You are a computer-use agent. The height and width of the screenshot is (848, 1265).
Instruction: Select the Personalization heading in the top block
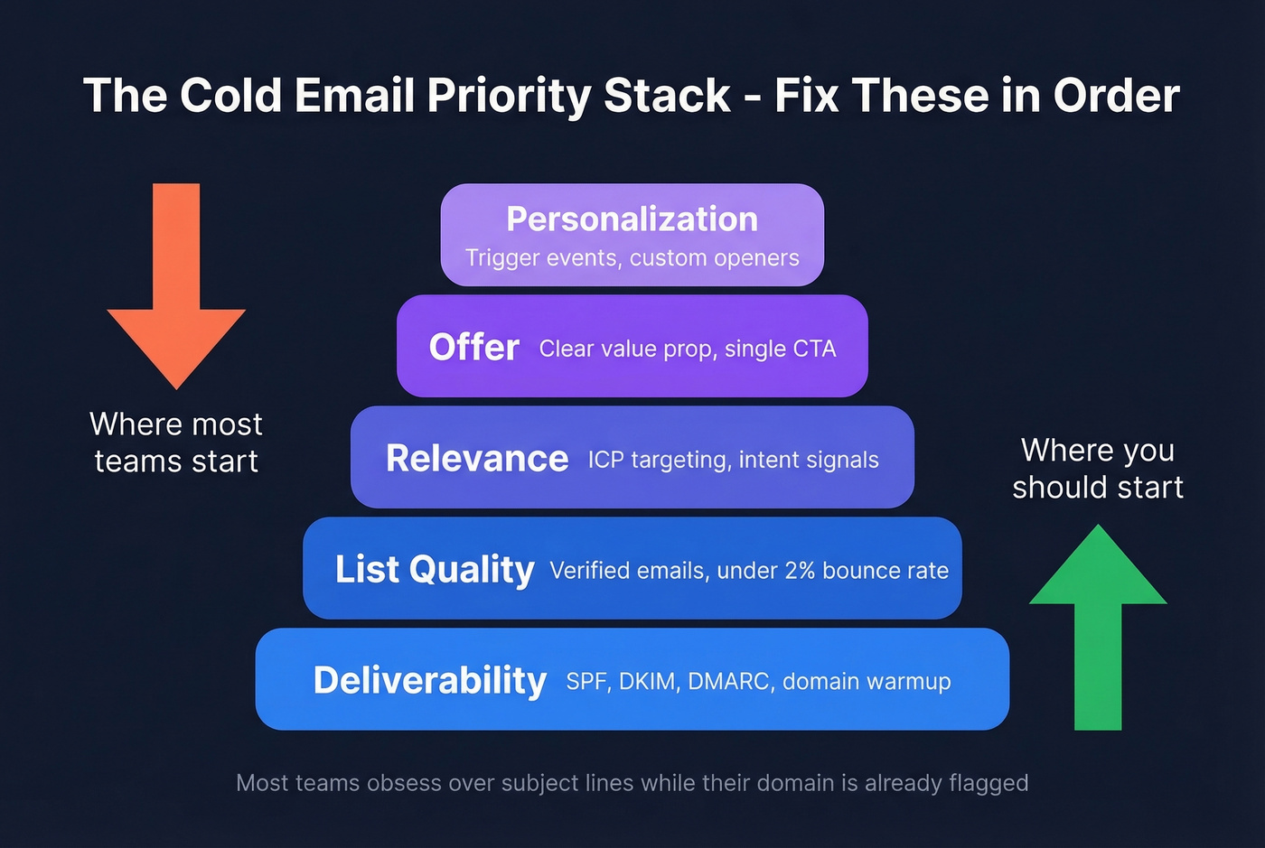coord(632,219)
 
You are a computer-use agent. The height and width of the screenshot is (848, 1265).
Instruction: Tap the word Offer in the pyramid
coord(473,348)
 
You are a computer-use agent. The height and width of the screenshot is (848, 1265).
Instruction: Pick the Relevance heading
coord(477,459)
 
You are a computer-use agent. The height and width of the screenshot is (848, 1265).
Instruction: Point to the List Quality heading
coord(435,570)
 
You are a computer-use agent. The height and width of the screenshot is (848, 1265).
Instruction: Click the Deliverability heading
coord(429,681)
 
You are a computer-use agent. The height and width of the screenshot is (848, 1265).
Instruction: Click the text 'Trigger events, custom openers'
coord(632,258)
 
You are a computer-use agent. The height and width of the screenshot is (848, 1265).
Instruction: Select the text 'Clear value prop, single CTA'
coord(688,349)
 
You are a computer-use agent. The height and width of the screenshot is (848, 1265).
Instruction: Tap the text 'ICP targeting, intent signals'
coord(733,461)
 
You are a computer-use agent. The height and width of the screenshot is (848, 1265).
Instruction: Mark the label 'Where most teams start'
coord(176,443)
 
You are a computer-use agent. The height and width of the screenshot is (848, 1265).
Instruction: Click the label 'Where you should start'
coord(1097,469)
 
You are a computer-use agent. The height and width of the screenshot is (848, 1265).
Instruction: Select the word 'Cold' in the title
coord(230,96)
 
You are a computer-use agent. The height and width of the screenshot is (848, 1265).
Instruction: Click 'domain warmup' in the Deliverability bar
coord(867,682)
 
